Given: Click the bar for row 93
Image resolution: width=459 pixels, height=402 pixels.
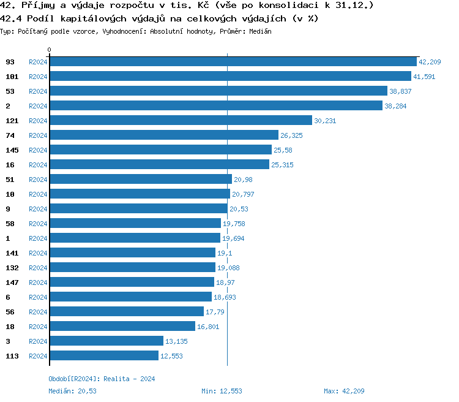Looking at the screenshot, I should [x=233, y=62].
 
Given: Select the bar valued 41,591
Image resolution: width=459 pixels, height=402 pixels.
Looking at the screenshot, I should [x=230, y=77].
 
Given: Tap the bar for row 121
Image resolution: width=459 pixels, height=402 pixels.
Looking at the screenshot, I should [x=181, y=121].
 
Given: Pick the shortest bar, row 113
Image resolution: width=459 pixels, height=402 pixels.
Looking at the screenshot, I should [x=103, y=356].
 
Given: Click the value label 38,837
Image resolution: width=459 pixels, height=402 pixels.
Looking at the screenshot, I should [x=401, y=91].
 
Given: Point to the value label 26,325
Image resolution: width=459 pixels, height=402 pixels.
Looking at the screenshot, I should [x=292, y=135].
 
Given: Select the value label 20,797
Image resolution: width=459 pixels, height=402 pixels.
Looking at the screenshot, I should [x=243, y=194].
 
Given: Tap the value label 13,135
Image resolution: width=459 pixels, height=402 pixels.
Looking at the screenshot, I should [x=177, y=341].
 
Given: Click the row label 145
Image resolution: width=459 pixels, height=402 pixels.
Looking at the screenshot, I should [x=12, y=150].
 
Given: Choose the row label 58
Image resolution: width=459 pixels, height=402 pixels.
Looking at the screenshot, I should [x=10, y=224].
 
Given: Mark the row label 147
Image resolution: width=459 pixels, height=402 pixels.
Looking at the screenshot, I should [x=12, y=283].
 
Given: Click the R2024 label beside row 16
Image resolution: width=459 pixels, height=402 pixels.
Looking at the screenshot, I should [x=38, y=165].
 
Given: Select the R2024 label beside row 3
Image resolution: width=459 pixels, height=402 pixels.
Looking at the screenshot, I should [x=38, y=341].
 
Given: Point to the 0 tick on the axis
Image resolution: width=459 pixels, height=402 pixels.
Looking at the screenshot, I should [x=50, y=50].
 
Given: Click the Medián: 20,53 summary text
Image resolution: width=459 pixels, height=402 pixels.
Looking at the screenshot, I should [x=72, y=391].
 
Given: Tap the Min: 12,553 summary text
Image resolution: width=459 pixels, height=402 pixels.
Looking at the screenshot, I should [x=222, y=391].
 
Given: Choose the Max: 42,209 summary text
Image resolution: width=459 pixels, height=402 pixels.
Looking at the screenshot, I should [x=344, y=391].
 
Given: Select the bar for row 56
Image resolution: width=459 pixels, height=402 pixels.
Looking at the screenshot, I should [x=126, y=312].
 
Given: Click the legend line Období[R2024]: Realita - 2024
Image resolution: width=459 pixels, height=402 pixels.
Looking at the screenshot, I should [x=102, y=379].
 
